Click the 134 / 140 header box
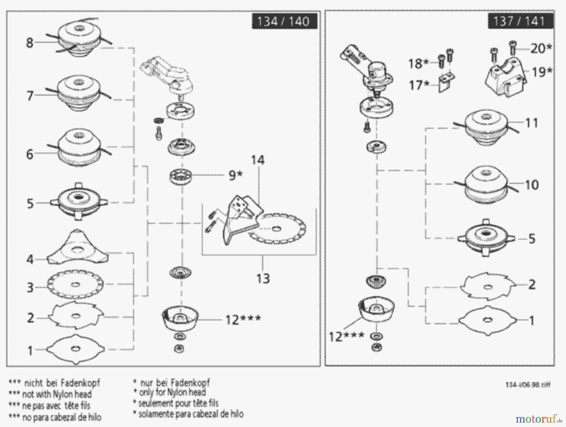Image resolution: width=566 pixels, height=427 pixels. (284, 21)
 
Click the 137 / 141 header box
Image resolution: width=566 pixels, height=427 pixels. (520, 21)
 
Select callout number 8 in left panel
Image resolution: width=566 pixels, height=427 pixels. (30, 42)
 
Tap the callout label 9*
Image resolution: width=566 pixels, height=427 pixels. (236, 175)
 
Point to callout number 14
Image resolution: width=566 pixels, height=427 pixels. (258, 160)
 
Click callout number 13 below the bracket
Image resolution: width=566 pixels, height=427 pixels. (263, 279)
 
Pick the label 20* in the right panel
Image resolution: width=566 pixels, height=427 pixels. (541, 48)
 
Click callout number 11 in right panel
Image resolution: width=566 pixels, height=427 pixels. (532, 123)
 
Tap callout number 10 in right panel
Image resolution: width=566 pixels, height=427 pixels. (532, 185)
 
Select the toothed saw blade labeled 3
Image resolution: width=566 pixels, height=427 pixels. (75, 285)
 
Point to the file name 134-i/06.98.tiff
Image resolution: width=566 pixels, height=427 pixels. (528, 385)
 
